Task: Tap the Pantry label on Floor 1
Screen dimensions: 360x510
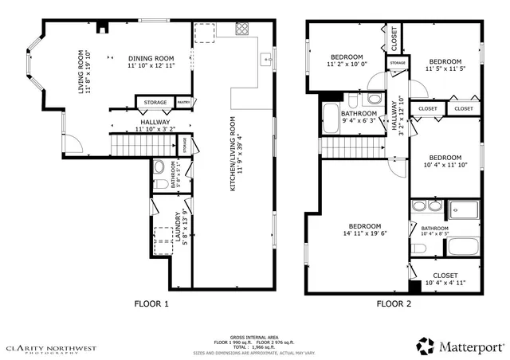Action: (x=183, y=102)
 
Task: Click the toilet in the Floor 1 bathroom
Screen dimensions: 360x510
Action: (x=158, y=167)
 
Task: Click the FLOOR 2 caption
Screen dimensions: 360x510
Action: (x=394, y=303)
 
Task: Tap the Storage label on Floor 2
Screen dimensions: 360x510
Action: (x=397, y=63)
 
